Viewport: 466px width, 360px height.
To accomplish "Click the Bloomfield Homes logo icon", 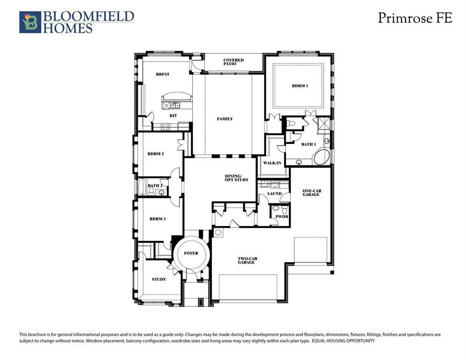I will coord(30,22).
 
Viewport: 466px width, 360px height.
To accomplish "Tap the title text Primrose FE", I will coord(415,18).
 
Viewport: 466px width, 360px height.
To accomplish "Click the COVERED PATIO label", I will coord(233,62).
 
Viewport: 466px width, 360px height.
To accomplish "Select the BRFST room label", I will coord(163,75).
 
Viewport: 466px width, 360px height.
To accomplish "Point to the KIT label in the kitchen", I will coord(173,115).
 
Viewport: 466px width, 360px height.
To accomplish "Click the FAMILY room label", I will coord(225,119).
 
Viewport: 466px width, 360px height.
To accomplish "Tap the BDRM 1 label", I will coord(300,86).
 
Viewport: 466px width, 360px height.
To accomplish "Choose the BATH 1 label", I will coord(308,144).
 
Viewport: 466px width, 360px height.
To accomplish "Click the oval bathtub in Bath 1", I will coord(322,157).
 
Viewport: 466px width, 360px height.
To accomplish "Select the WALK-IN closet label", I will coord(272,163).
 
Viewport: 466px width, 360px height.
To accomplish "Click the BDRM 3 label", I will coord(155,154).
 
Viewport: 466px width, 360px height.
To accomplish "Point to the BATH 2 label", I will coord(155,186).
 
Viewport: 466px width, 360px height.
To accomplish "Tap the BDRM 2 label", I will coord(158,219).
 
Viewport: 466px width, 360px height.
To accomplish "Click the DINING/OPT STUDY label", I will coord(236,178).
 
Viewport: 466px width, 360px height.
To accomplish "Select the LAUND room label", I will coord(274,194).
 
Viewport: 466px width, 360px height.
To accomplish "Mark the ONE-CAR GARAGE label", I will coord(311,193).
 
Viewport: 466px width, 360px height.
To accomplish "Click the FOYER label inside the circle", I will coord(191,254).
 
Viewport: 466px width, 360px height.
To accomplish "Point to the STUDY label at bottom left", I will coord(159,279).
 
